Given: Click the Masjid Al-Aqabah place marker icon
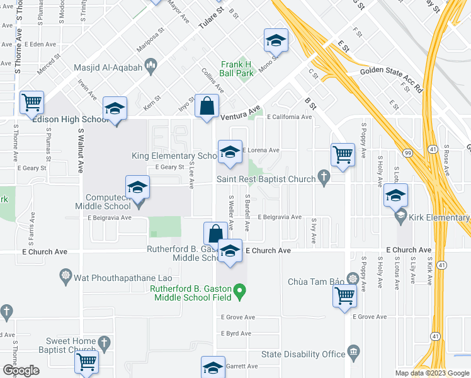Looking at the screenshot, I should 151,65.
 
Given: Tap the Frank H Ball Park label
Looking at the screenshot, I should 236,69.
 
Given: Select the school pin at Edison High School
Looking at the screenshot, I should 115,109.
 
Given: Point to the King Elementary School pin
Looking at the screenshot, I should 230,152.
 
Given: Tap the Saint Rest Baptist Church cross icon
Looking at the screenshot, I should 324,179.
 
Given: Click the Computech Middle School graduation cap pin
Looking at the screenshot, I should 137,188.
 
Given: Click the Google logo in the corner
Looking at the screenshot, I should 21,370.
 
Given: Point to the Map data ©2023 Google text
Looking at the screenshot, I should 431,373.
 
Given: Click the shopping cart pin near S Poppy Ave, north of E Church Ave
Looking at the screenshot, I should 343,154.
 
